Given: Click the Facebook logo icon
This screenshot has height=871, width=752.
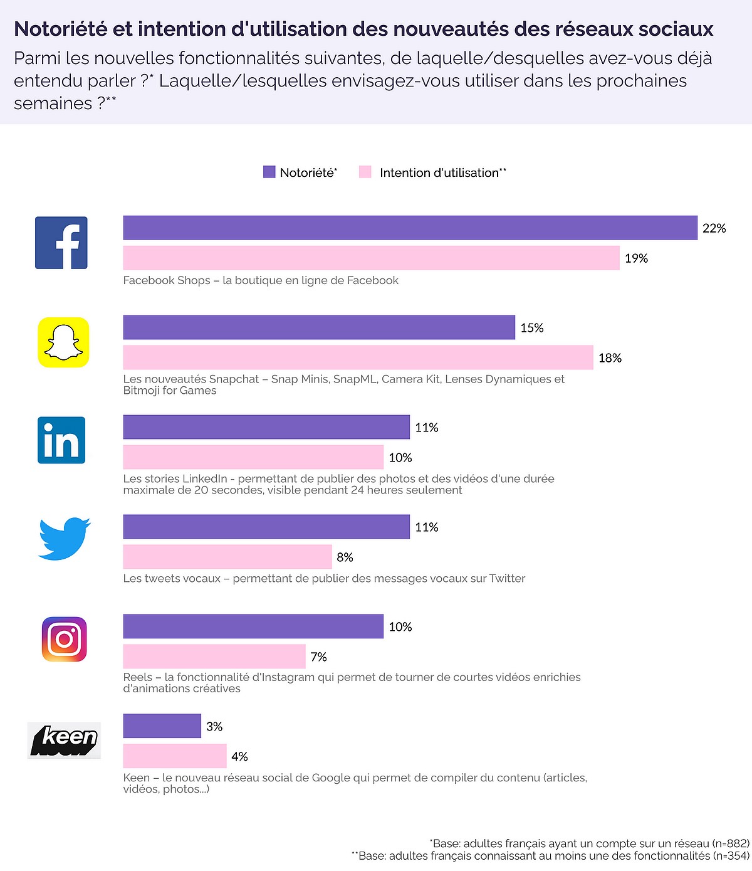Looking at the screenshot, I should pos(61,243).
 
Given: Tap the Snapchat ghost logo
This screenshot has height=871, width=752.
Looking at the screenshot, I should pos(63,342).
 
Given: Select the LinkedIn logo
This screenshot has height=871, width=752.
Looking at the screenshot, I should pos(61,440).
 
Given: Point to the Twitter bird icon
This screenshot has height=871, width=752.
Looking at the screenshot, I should pos(64,538).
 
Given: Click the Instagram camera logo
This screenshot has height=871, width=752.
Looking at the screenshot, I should pos(64,639).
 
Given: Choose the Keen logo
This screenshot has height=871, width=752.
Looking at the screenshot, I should pos(64,741).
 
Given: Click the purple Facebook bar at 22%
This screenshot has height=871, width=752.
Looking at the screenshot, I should pos(410,228).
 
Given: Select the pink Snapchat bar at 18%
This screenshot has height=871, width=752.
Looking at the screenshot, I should pos(358,357).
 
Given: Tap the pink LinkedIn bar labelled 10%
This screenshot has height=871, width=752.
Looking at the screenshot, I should pos(253,457).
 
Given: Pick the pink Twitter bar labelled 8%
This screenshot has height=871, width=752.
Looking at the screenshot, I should pos(227,557).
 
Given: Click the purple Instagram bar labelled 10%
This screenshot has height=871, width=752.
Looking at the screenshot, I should pos(253,626).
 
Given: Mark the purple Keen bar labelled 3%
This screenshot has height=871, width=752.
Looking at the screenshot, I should pos(162,726).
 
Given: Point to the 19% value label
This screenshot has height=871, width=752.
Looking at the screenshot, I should pos(636,258).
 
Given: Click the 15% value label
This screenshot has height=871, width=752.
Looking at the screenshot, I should pos(532,328).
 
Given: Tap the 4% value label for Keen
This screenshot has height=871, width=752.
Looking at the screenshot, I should pos(239,757).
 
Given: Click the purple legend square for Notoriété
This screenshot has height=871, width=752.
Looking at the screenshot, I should pos(269,172).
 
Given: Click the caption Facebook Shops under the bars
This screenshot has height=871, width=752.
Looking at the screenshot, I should pos(167,280).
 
